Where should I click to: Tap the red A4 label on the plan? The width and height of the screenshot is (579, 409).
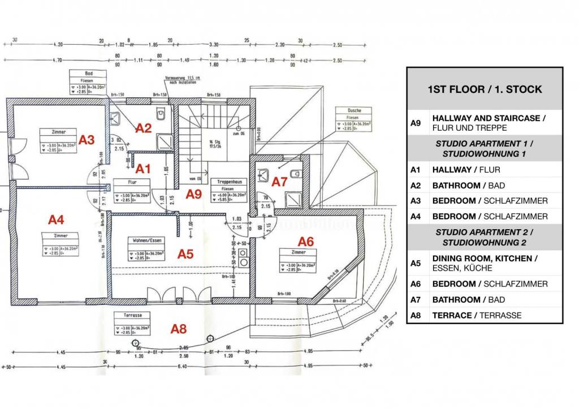[x=57, y=219]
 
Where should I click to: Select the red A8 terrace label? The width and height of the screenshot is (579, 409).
[x=179, y=328]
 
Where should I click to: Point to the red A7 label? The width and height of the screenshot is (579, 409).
[x=279, y=182]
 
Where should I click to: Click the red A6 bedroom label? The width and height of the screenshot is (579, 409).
[x=305, y=242]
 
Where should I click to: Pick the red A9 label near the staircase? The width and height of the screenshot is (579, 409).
[x=194, y=194]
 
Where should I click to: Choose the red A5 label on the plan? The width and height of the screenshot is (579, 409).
[x=185, y=254]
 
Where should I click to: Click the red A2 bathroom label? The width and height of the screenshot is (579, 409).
[x=144, y=128]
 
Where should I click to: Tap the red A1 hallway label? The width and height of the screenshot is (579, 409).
[x=143, y=168]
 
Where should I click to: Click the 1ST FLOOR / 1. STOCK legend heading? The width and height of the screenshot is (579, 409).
[x=484, y=89]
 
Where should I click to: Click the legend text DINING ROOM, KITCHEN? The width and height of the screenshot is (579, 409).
[x=482, y=258]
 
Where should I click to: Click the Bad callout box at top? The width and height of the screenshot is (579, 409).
[x=89, y=83]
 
